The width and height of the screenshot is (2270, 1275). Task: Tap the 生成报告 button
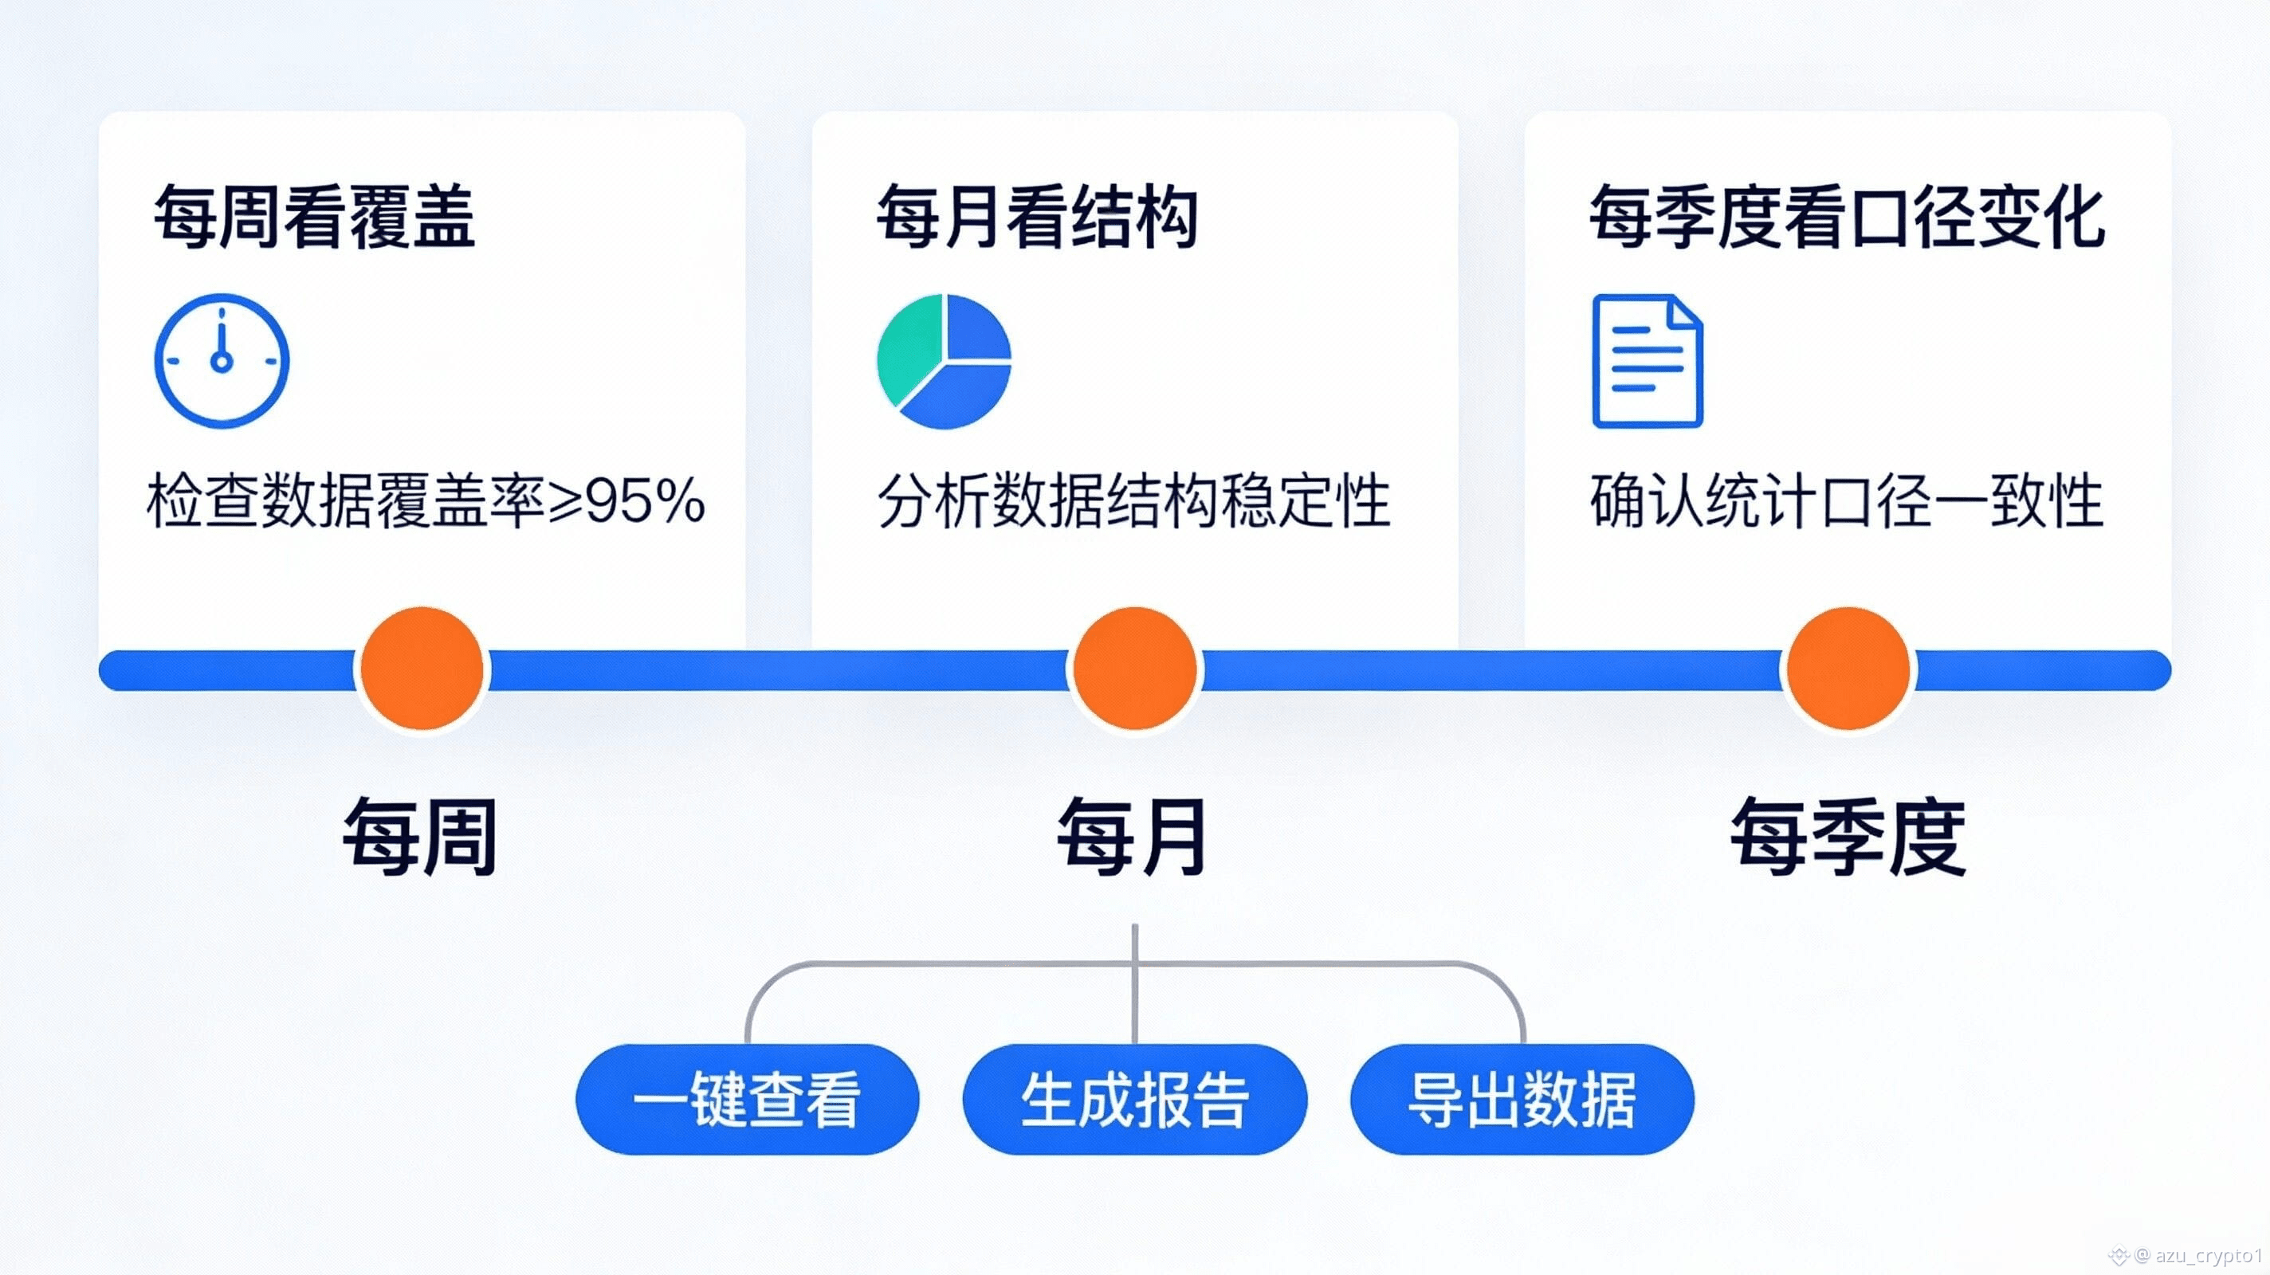pyautogui.click(x=1134, y=1100)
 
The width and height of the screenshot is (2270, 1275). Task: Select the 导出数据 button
pyautogui.click(x=1522, y=1100)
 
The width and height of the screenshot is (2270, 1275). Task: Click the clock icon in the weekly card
pyautogui.click(x=222, y=361)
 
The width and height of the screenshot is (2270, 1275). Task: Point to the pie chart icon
pyautogui.click(x=944, y=361)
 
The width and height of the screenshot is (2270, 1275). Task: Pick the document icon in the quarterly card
pyautogui.click(x=1647, y=361)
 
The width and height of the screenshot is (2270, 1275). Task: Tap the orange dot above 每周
pyautogui.click(x=422, y=669)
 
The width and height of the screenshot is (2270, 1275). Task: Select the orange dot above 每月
pyautogui.click(x=1135, y=669)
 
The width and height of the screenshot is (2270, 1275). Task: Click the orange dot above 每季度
pyautogui.click(x=1848, y=669)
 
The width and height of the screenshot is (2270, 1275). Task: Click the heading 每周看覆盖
pyautogui.click(x=315, y=217)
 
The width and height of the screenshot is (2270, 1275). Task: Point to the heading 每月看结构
pyautogui.click(x=1036, y=217)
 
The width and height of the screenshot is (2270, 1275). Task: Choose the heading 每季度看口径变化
pyautogui.click(x=1847, y=217)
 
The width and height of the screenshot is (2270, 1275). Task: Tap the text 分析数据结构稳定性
pyautogui.click(x=1134, y=500)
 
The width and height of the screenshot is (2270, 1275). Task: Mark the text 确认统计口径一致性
pyautogui.click(x=1847, y=500)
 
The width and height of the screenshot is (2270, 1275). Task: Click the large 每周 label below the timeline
pyautogui.click(x=420, y=836)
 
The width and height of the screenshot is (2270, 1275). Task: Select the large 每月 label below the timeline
pyautogui.click(x=1133, y=836)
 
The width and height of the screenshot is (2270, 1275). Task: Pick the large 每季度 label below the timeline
pyautogui.click(x=1848, y=836)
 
